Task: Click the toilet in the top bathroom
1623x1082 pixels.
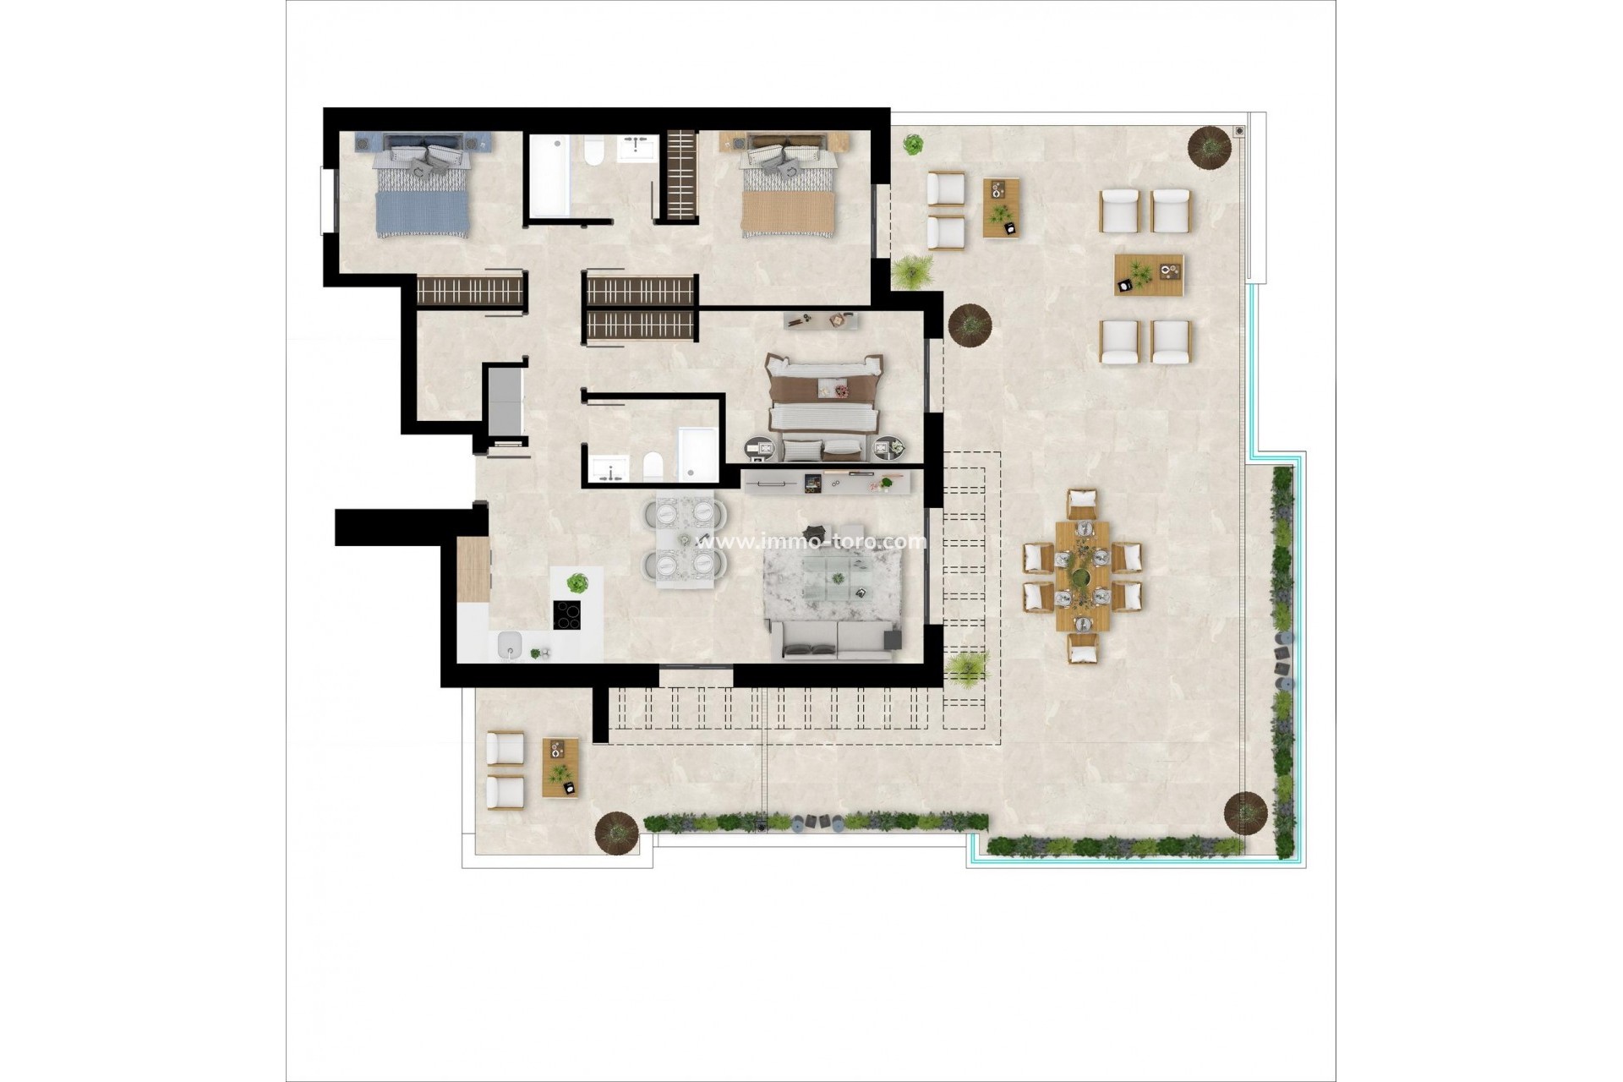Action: (593, 152)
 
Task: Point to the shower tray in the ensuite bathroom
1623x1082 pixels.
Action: (697, 454)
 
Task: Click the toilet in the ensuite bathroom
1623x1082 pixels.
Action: (653, 466)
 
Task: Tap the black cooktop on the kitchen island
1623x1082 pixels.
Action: (566, 615)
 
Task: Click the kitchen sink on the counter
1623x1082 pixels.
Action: (510, 645)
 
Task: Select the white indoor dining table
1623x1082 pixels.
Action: (685, 538)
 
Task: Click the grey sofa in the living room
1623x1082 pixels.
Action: (833, 640)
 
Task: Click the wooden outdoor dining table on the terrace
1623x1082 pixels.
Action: (1082, 576)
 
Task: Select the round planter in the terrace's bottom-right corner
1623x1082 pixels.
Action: (1245, 812)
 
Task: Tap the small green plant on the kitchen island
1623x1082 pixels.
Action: (577, 582)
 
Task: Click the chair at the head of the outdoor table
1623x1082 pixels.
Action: (1082, 504)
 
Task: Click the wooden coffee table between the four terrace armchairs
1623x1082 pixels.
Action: (1148, 275)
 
